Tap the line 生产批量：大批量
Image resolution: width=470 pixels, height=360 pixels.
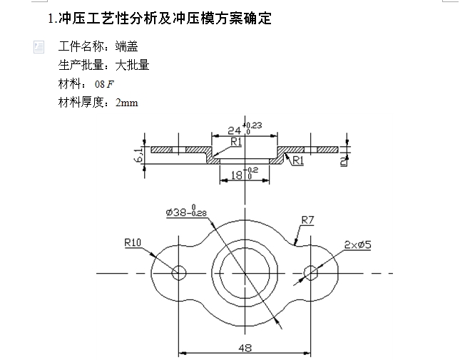[103, 66]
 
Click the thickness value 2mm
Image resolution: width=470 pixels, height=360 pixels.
[127, 103]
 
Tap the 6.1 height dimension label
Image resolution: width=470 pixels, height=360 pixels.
[138, 154]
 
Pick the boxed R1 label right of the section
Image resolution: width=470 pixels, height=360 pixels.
[297, 160]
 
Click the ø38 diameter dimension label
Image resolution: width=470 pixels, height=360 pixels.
[185, 212]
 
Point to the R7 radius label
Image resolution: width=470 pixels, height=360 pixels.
[307, 220]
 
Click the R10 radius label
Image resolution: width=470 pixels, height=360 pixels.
[133, 243]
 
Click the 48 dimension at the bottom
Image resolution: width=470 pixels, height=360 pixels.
[245, 347]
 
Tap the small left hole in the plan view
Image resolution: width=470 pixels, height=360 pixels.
[178, 272]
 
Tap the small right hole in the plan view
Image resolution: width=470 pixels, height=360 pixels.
[310, 272]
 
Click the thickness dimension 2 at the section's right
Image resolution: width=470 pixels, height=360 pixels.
[344, 160]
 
